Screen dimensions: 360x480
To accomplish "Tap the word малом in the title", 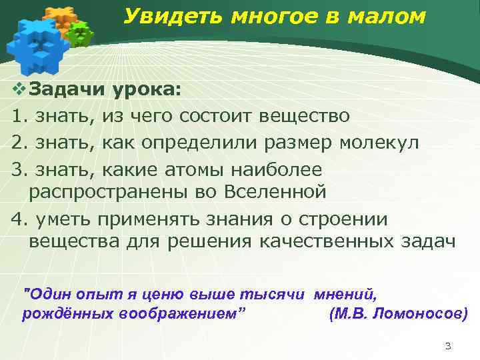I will tap(388, 17).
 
